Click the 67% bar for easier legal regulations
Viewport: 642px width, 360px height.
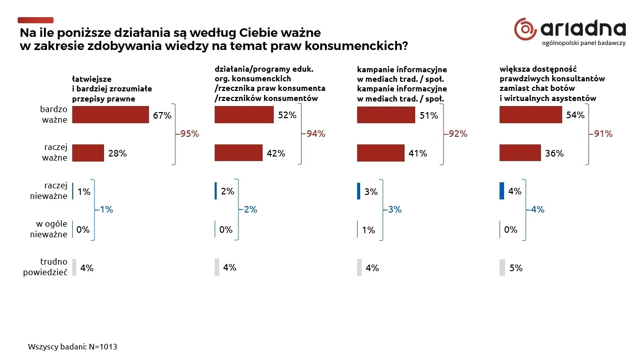click(x=110, y=115)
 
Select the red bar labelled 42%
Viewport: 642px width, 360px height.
click(x=238, y=153)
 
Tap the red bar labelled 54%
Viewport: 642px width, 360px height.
click(x=530, y=115)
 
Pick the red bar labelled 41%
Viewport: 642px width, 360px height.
click(x=381, y=153)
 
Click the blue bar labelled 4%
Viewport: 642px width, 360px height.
click(x=502, y=191)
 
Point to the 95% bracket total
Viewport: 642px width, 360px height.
click(x=190, y=134)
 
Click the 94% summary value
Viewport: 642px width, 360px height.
click(x=316, y=134)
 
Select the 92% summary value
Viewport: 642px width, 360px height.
click(x=458, y=134)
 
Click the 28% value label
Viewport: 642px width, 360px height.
click(x=117, y=153)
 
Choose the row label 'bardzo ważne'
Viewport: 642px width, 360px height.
click(x=54, y=114)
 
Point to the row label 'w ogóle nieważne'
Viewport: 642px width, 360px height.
click(x=48, y=229)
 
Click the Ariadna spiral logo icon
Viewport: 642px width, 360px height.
click(x=525, y=29)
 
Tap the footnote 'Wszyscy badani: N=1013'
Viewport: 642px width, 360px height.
click(x=73, y=347)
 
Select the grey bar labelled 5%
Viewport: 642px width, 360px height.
click(x=502, y=268)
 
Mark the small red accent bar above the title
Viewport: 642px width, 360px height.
click(x=35, y=20)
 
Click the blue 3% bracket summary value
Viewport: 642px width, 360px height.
click(x=395, y=210)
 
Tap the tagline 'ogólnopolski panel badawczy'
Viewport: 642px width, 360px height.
click(x=583, y=43)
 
